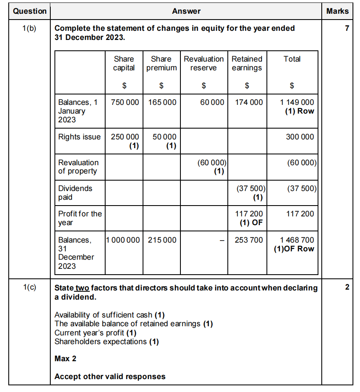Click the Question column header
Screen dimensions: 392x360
pyautogui.click(x=30, y=11)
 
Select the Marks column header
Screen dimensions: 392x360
pyautogui.click(x=337, y=11)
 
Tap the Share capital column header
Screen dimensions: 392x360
pyautogui.click(x=124, y=63)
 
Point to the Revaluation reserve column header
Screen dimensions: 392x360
pyautogui.click(x=204, y=63)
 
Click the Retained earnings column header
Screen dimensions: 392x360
pyautogui.click(x=247, y=63)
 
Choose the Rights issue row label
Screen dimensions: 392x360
pyautogui.click(x=79, y=137)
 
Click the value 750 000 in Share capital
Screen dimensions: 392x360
pyautogui.click(x=125, y=102)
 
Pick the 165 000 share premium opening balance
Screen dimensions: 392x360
pyautogui.click(x=162, y=102)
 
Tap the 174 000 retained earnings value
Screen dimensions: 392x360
pyautogui.click(x=249, y=102)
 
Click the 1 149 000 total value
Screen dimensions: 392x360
pyautogui.click(x=297, y=102)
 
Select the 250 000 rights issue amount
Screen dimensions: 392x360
pyautogui.click(x=125, y=137)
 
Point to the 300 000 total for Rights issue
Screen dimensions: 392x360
pyautogui.click(x=300, y=137)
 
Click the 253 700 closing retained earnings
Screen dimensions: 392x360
pyautogui.click(x=249, y=240)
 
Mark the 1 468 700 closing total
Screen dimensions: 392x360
pyautogui.click(x=297, y=240)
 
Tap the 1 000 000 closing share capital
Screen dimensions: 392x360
pyautogui.click(x=123, y=240)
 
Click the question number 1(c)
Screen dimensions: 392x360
pyautogui.click(x=30, y=288)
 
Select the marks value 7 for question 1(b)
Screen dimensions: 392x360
pyautogui.click(x=347, y=28)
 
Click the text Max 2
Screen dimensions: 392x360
pyautogui.click(x=65, y=358)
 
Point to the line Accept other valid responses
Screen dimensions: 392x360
pyautogui.click(x=110, y=377)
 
